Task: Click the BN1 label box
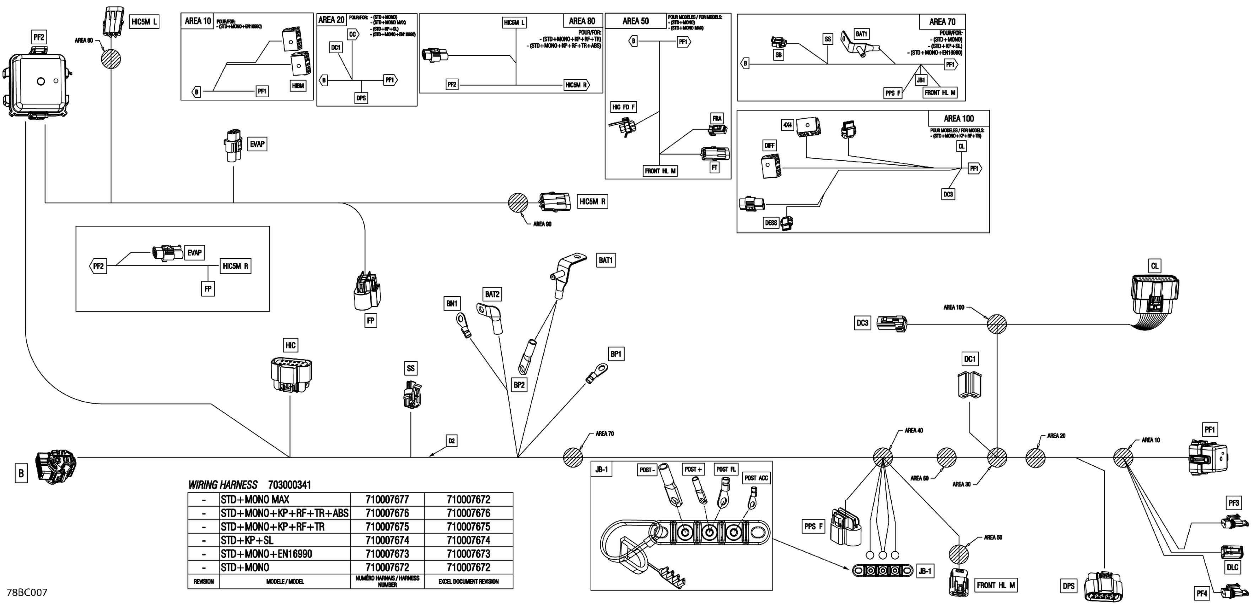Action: coord(452,303)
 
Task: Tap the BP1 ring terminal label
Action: coord(616,354)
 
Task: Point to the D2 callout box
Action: coord(452,441)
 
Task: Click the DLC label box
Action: coord(1232,567)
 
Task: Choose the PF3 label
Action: coord(1234,503)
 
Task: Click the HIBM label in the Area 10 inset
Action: coord(298,86)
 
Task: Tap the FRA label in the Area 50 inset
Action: coord(717,118)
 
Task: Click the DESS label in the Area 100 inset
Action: coord(771,223)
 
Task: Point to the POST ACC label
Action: coord(756,478)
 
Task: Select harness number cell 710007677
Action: coord(387,499)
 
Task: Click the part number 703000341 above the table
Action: coord(289,485)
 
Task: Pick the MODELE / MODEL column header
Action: coord(285,582)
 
